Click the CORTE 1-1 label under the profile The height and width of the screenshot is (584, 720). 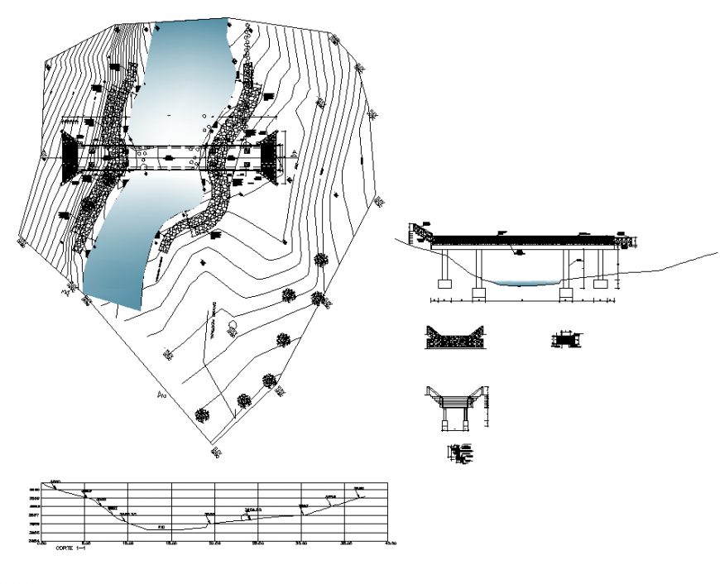[x=70, y=548]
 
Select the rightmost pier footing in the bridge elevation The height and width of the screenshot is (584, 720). [x=600, y=284]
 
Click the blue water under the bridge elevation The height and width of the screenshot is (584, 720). [x=521, y=282]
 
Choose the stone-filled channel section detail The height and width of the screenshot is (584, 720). [x=454, y=337]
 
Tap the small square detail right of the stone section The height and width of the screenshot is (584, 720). [x=565, y=338]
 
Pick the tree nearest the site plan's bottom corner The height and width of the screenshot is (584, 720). [x=203, y=415]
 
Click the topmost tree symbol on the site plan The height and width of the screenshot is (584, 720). [x=322, y=259]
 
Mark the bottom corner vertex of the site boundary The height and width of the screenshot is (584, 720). [x=214, y=453]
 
